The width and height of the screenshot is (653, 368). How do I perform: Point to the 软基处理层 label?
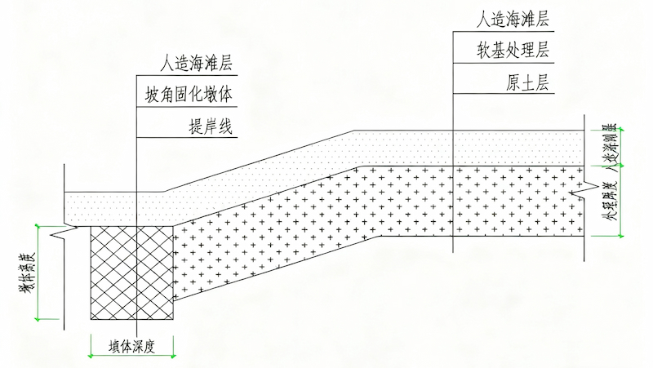pos(512,51)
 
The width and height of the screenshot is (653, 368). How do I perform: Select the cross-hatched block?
pos(131,273)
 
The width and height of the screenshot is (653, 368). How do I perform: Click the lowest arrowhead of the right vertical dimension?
pos(620,236)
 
